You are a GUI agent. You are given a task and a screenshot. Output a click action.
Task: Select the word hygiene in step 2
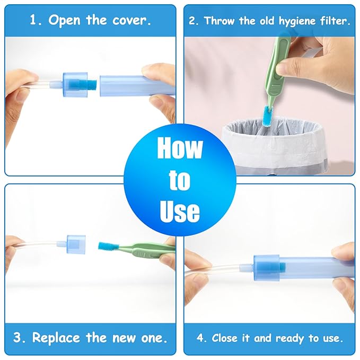[x=297, y=21]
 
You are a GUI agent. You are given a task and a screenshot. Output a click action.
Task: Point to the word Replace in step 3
[x=56, y=338]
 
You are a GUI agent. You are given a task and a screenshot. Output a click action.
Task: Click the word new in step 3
[x=123, y=338]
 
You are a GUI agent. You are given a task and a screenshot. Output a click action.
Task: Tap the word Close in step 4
[x=225, y=338]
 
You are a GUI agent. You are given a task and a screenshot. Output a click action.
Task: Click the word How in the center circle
[x=180, y=147]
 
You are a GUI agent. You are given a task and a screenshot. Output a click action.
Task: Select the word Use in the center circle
[x=180, y=211]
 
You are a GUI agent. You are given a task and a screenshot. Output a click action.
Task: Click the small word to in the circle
[x=179, y=180]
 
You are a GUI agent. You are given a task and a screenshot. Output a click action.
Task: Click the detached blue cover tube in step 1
[x=137, y=85]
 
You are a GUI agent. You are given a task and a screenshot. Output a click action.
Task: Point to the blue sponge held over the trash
[x=268, y=115]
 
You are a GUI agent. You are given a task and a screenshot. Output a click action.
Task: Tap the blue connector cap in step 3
[x=76, y=244]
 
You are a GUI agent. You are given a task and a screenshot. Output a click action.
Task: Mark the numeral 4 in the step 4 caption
[x=199, y=338]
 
